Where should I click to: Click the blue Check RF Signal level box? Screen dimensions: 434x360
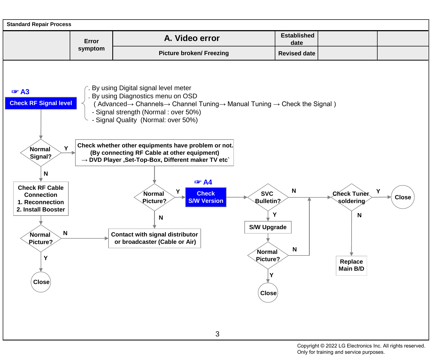[41, 103]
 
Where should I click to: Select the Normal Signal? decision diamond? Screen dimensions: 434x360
[41, 153]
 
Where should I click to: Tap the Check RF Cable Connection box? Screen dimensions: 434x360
[41, 199]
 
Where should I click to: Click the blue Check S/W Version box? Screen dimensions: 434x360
[206, 197]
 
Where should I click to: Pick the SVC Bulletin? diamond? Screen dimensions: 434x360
[268, 197]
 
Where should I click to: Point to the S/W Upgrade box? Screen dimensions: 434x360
[268, 227]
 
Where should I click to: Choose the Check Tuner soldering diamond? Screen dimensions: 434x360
[352, 197]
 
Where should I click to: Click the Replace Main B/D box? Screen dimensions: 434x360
[352, 266]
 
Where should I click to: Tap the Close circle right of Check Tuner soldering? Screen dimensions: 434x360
[403, 197]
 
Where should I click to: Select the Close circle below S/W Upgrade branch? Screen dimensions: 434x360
[268, 293]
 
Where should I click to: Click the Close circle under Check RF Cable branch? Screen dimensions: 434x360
[41, 282]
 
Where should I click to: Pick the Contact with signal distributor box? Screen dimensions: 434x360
[155, 238]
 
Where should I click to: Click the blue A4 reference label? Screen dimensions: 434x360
[203, 182]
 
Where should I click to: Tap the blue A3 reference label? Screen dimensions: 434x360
[20, 92]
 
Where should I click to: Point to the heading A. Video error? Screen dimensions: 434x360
[192, 38]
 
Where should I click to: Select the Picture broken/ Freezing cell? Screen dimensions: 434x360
[194, 53]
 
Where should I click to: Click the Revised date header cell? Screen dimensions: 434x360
[297, 53]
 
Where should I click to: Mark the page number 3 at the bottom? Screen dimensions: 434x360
[217, 334]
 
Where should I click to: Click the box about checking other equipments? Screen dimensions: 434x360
[155, 153]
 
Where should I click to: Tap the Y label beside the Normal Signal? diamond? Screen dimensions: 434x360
[66, 148]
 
